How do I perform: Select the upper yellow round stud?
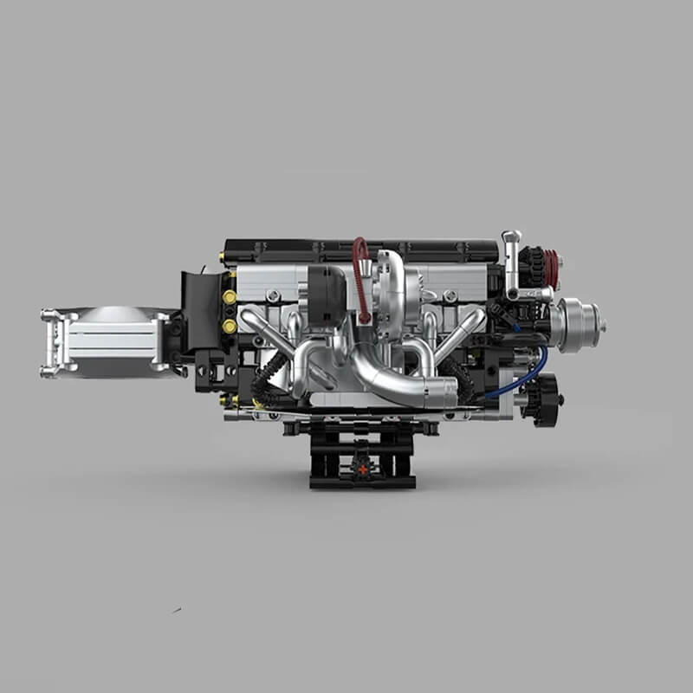coord(230,297)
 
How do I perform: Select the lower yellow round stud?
coord(230,326)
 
